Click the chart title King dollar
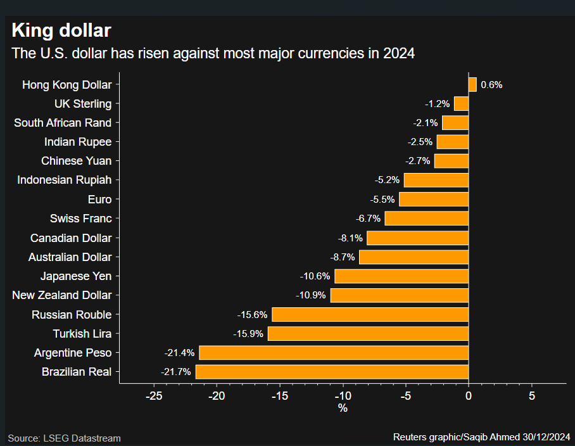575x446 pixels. pos(61,30)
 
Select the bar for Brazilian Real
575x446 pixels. pos(332,372)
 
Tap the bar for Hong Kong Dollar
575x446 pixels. pos(472,84)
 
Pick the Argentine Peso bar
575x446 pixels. pos(334,353)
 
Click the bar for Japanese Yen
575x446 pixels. pos(401,276)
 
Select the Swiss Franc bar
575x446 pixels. pos(426,219)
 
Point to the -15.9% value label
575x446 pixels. pos(248,334)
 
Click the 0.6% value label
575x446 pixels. pos(491,84)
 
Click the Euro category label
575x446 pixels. pos(99,200)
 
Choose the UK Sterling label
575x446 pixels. pos(83,104)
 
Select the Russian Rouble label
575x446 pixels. pos(72,315)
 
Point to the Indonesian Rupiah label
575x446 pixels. pos(64,180)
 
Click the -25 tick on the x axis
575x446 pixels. pos(154,395)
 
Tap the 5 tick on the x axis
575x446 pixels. pos(531,395)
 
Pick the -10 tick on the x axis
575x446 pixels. pos(343,395)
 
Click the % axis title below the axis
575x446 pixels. pos(343,409)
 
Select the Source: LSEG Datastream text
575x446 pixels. pos(64,438)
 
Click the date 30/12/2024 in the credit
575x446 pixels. pos(547,437)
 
